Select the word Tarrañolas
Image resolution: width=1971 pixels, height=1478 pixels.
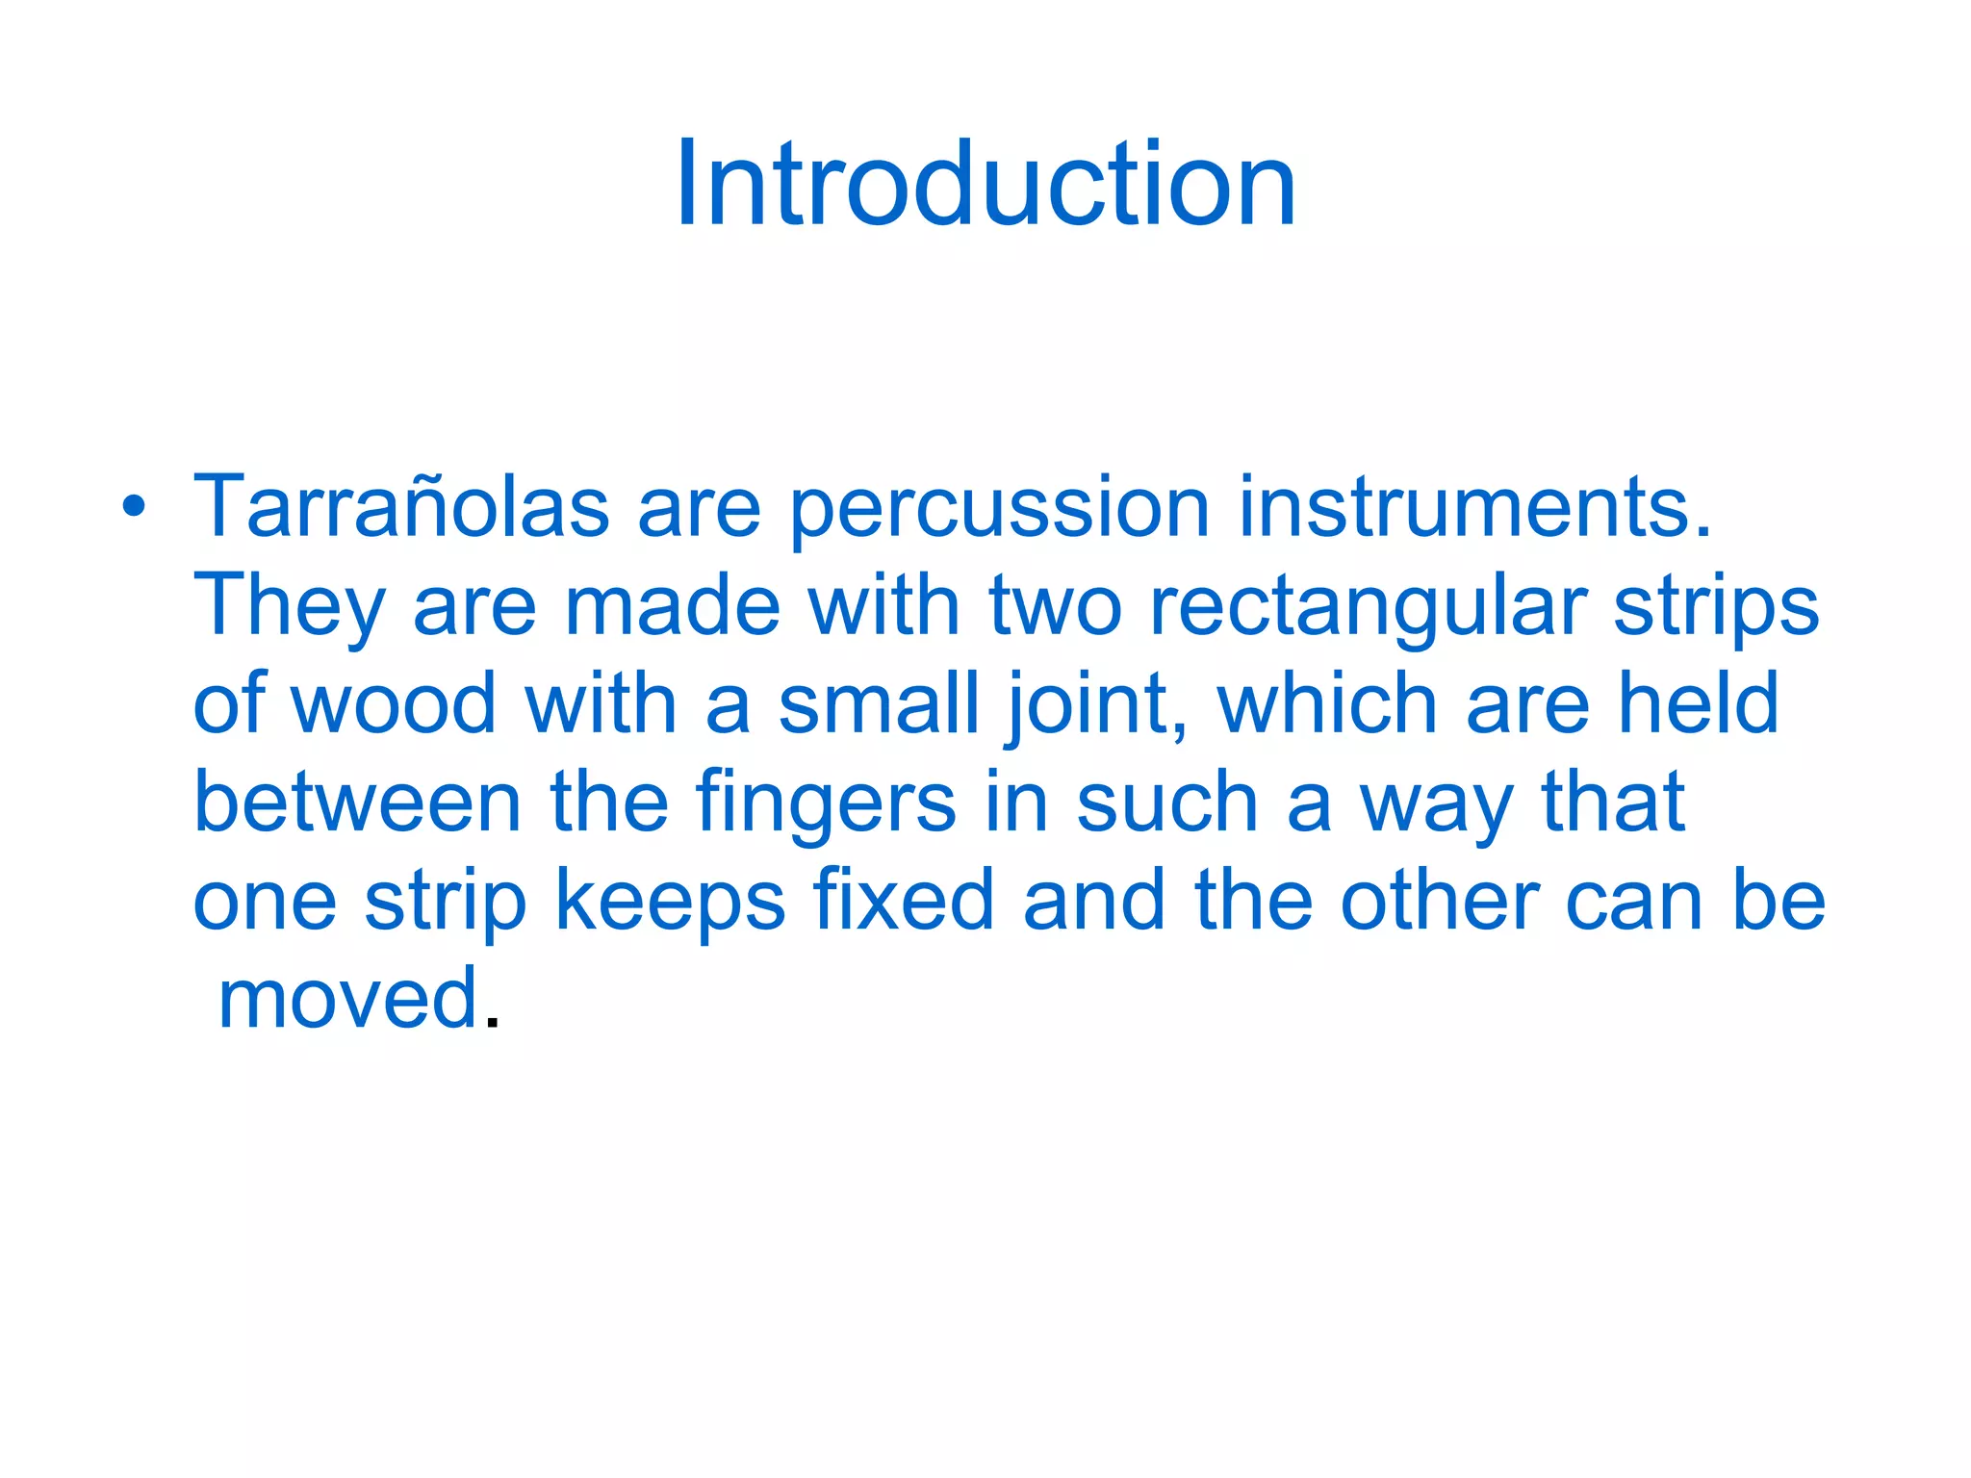point(400,506)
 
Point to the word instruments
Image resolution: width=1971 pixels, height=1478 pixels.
point(1474,506)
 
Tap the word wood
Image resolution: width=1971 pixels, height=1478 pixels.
point(394,704)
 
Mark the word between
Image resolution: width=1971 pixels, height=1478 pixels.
point(357,803)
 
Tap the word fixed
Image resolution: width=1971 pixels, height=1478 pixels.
point(903,901)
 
